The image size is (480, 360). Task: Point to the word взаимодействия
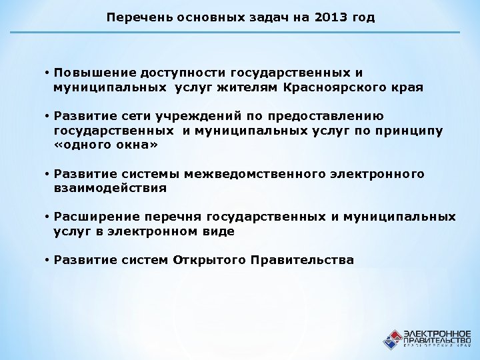[x=110, y=188]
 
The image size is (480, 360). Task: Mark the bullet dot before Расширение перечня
[x=48, y=217]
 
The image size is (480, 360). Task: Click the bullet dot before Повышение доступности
[x=48, y=71]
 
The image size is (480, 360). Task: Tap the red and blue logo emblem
[x=391, y=338]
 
